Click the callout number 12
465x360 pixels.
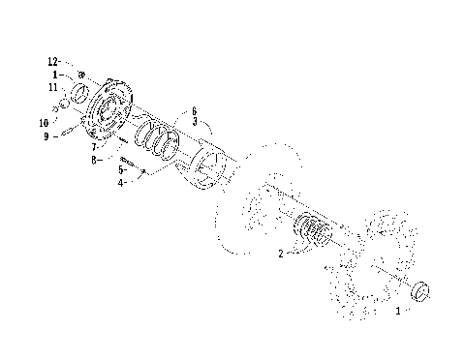tap(55, 62)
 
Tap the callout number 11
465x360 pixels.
tap(55, 87)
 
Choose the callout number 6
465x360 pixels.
tap(194, 112)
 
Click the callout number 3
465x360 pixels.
tap(194, 123)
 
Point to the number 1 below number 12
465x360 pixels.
tap(57, 74)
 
